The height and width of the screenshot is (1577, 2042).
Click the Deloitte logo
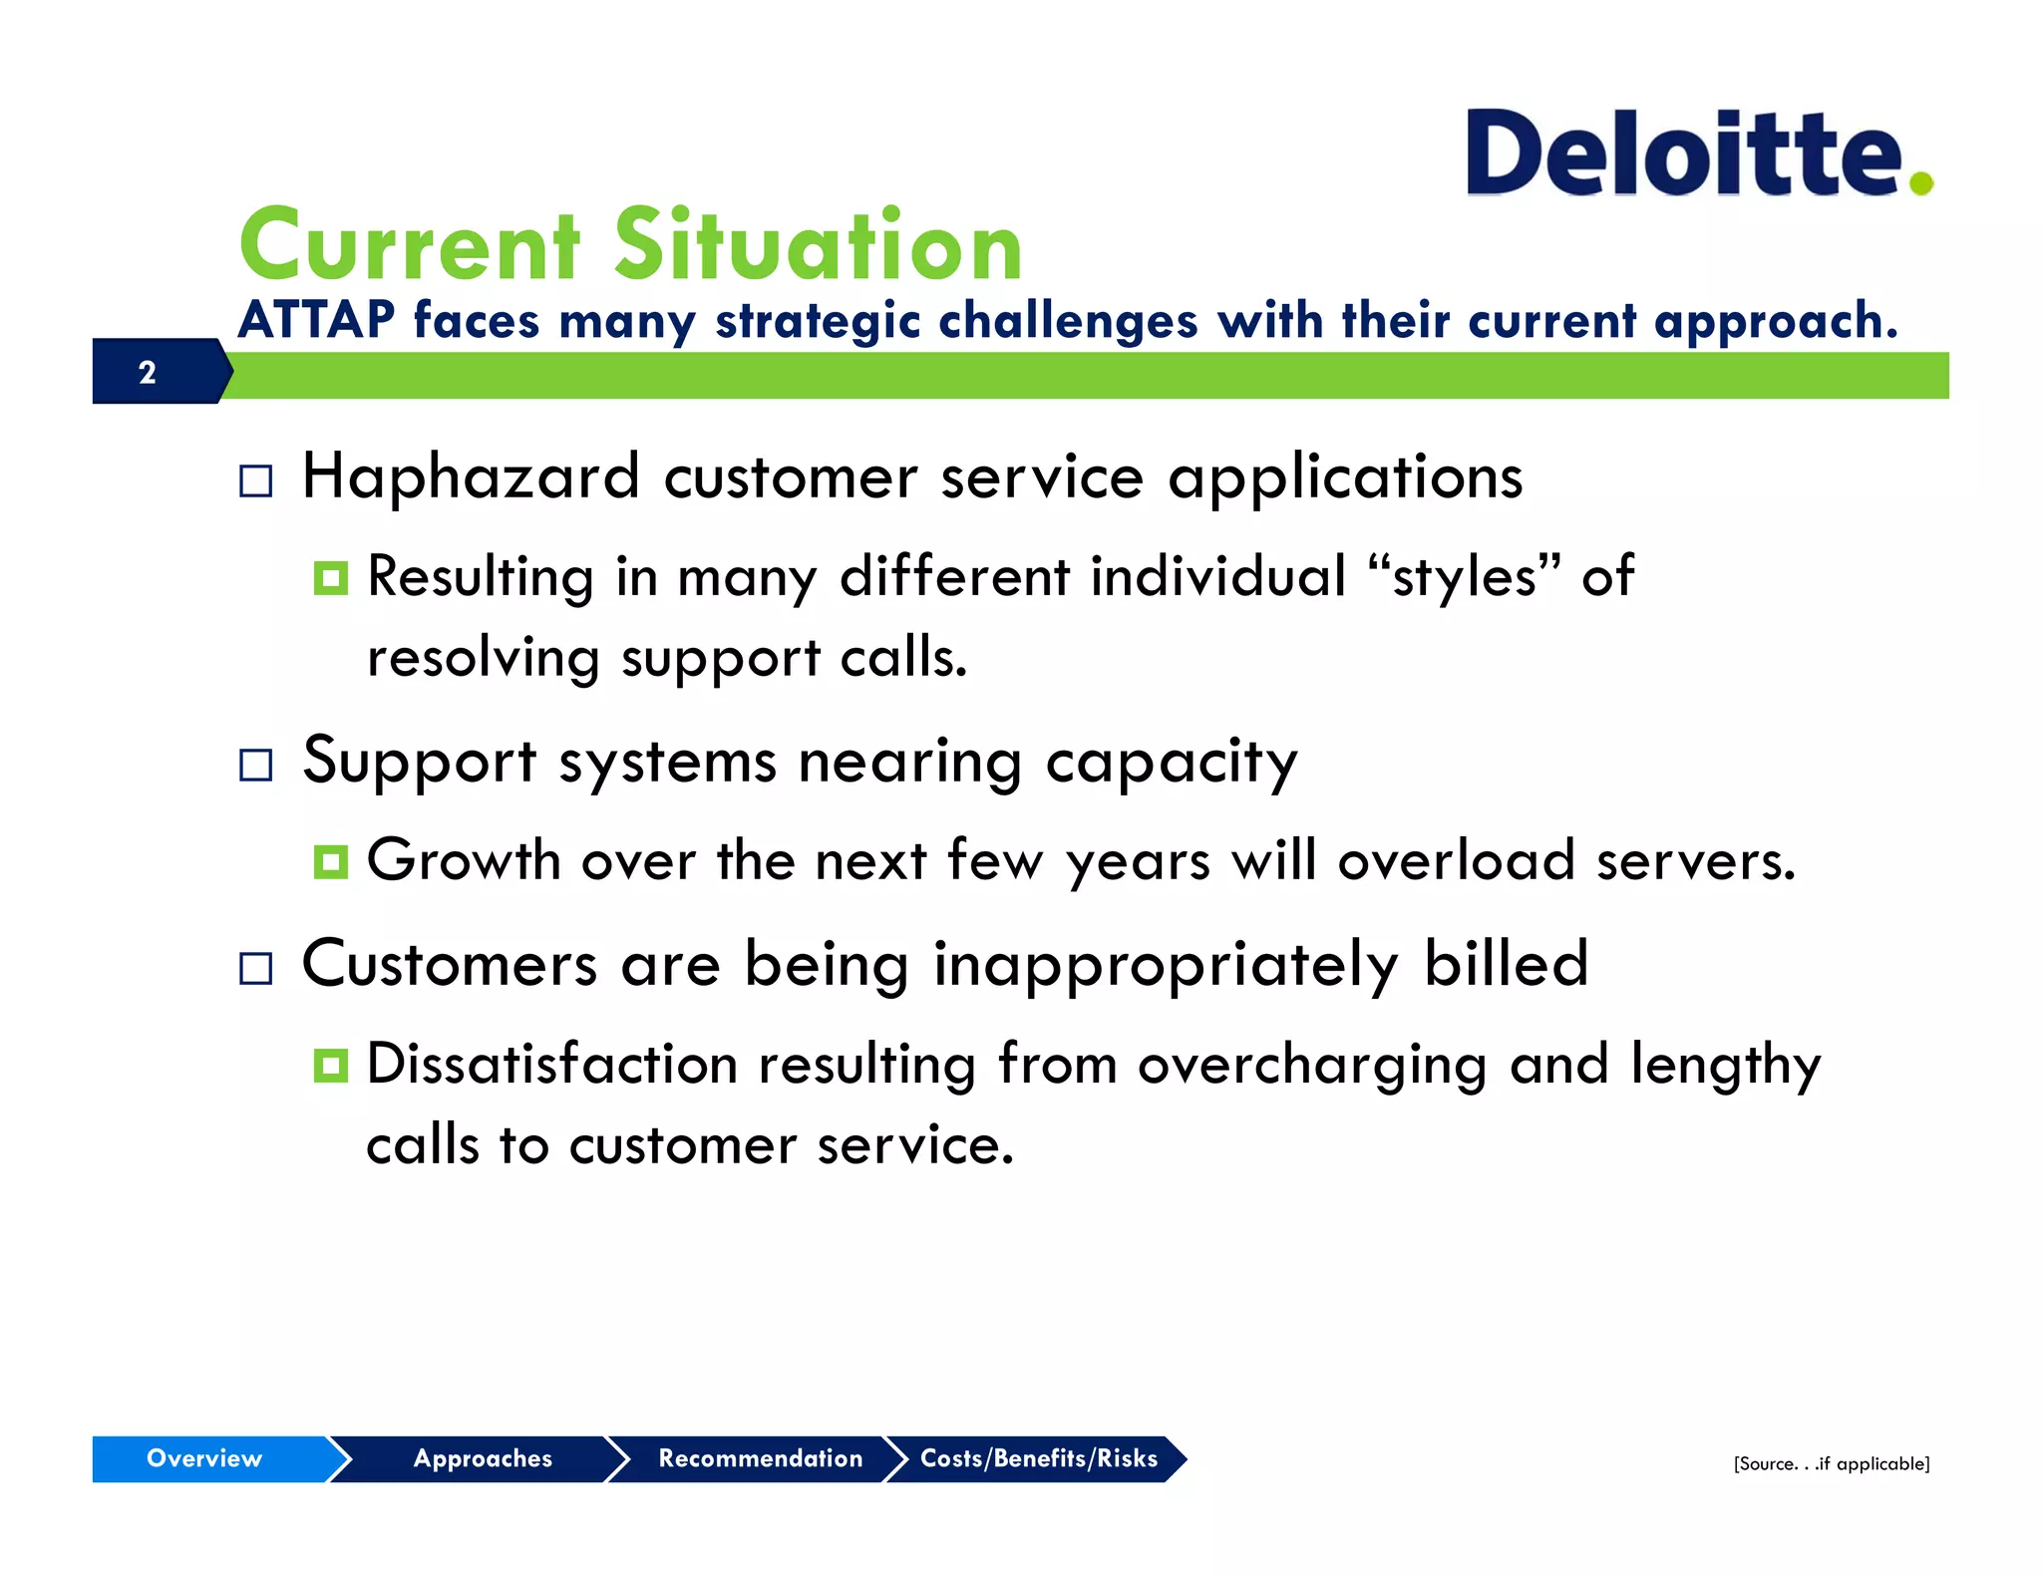click(x=1685, y=155)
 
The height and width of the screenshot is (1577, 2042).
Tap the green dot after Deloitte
click(x=1921, y=182)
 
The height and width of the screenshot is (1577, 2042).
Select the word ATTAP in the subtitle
click(x=316, y=321)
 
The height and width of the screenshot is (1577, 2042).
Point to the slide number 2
click(x=148, y=372)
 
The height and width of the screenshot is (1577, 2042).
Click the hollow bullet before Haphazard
click(x=256, y=481)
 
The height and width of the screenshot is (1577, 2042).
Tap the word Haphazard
click(x=470, y=476)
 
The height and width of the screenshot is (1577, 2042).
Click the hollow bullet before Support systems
click(x=256, y=766)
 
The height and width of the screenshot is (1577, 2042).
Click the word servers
click(x=1695, y=861)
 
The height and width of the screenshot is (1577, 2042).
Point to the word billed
click(x=1506, y=964)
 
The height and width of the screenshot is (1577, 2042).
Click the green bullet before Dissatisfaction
click(x=330, y=1066)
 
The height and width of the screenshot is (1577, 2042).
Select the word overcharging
click(x=1311, y=1066)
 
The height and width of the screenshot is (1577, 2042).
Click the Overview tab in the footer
click(x=204, y=1458)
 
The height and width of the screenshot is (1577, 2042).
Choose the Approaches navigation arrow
click(x=483, y=1458)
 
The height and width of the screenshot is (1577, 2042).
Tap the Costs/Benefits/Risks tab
click(x=1038, y=1458)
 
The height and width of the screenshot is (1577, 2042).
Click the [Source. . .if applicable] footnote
click(x=1831, y=1463)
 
